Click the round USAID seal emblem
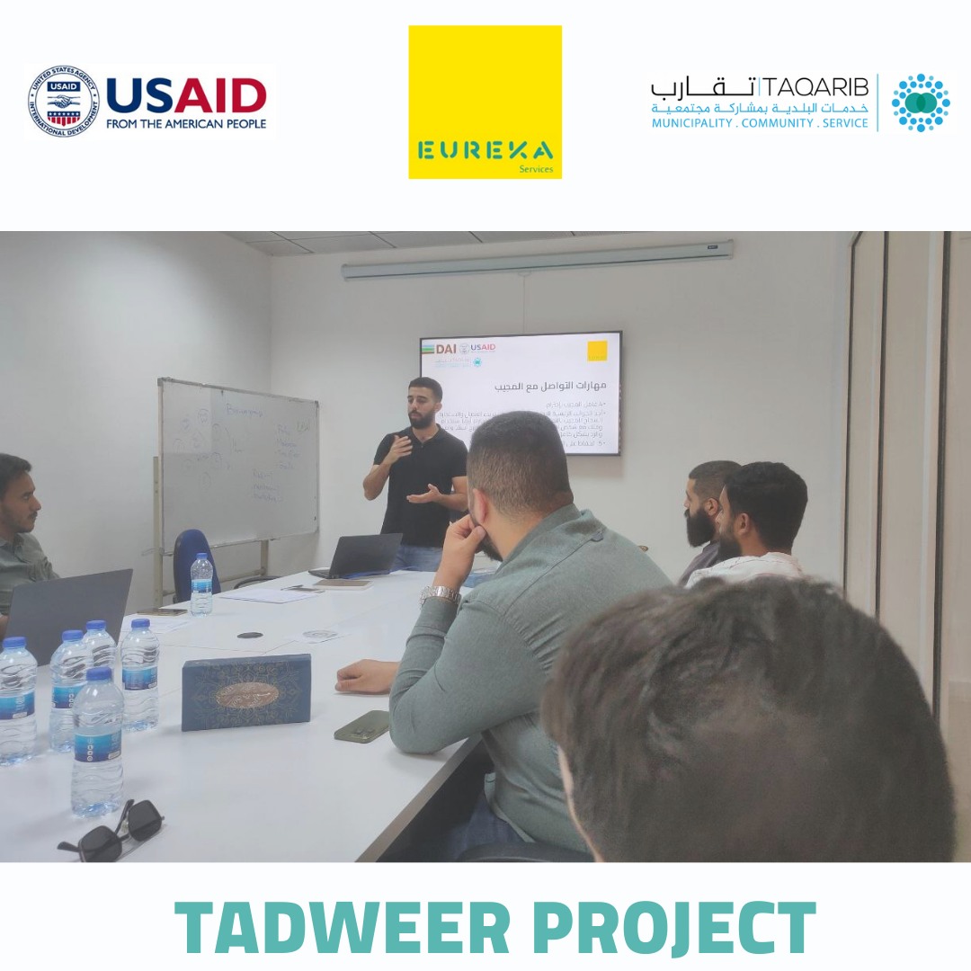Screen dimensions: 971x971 (x=63, y=101)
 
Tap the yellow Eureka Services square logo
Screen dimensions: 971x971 (x=485, y=102)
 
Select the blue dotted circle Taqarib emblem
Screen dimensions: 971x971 (x=920, y=102)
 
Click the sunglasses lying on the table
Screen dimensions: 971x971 (x=112, y=829)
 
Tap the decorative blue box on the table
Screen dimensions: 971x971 (x=245, y=690)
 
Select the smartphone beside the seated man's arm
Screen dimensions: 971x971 (x=361, y=726)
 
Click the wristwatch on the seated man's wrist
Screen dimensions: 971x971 (x=440, y=594)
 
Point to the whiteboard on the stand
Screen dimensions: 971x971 (x=238, y=464)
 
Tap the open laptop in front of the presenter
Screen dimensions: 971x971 (x=360, y=556)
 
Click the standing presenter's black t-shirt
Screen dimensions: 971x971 (x=421, y=485)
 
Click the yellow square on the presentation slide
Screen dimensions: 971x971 (x=597, y=351)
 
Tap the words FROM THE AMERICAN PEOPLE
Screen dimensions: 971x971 (x=186, y=124)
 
